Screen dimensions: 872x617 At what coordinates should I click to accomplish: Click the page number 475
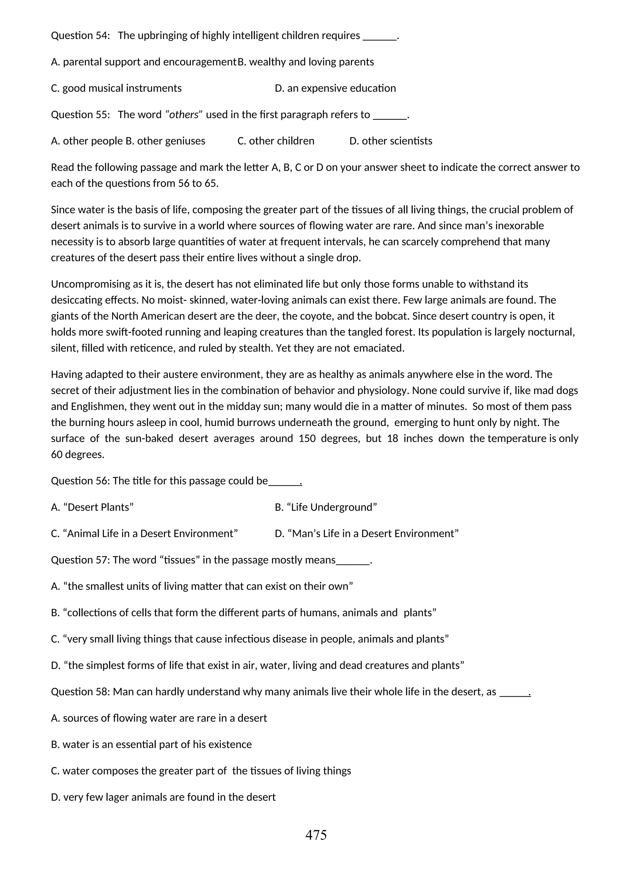316,835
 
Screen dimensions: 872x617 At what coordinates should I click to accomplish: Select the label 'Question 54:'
80,36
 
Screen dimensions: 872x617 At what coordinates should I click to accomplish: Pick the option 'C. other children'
276,141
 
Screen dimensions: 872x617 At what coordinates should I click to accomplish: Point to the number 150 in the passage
307,439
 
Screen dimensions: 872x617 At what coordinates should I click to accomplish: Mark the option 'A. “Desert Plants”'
92,507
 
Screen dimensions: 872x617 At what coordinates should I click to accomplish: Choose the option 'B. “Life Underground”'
326,507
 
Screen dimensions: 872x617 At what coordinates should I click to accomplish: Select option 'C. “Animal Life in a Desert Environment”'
144,534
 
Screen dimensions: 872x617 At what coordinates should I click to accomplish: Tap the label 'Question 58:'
80,692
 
